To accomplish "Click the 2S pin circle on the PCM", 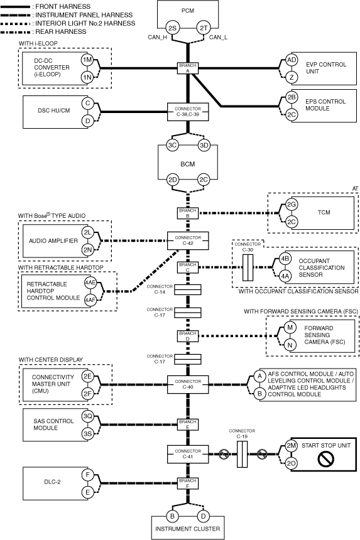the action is point(172,28).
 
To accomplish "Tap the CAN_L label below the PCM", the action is point(218,37).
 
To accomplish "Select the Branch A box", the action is point(188,68).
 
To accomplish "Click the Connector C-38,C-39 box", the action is point(188,112).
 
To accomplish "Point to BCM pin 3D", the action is point(204,145).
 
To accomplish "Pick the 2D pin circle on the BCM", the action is point(173,180).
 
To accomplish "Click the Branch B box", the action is point(188,213).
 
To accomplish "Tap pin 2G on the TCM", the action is point(292,205).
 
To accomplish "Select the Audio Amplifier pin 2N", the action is point(88,250).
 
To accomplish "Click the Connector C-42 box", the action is point(188,240).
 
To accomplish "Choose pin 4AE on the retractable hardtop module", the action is point(90,283).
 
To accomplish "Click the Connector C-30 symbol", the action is point(248,267).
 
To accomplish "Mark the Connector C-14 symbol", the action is point(188,290).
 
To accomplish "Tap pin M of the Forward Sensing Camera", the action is point(290,327).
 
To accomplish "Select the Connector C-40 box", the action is point(188,384).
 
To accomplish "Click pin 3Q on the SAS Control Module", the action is point(87,416).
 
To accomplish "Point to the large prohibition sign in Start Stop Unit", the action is point(326,459).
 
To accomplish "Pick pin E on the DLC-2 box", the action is point(87,492).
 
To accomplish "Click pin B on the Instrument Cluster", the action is point(172,516).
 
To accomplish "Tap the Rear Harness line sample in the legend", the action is point(16,32).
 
